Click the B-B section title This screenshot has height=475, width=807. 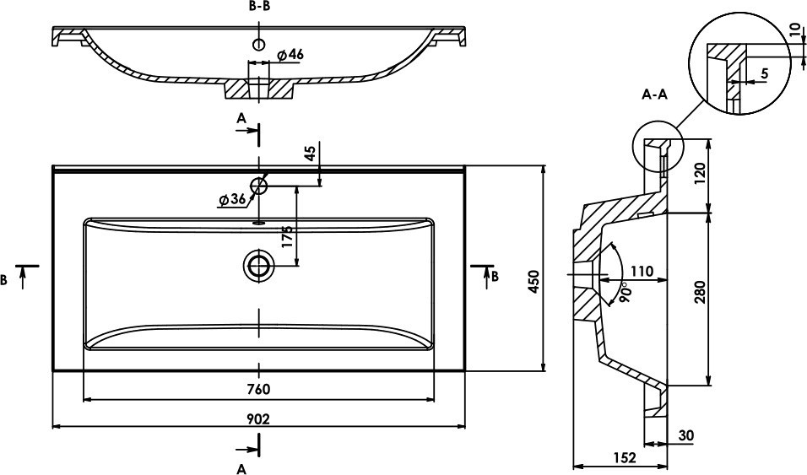click(259, 6)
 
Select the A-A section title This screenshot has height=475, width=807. click(655, 94)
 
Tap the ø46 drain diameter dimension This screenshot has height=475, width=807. click(290, 55)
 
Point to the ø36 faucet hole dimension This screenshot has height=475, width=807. click(232, 200)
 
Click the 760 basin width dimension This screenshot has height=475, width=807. click(258, 389)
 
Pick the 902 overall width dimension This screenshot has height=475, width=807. click(258, 419)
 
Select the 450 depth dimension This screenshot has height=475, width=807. click(533, 282)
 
